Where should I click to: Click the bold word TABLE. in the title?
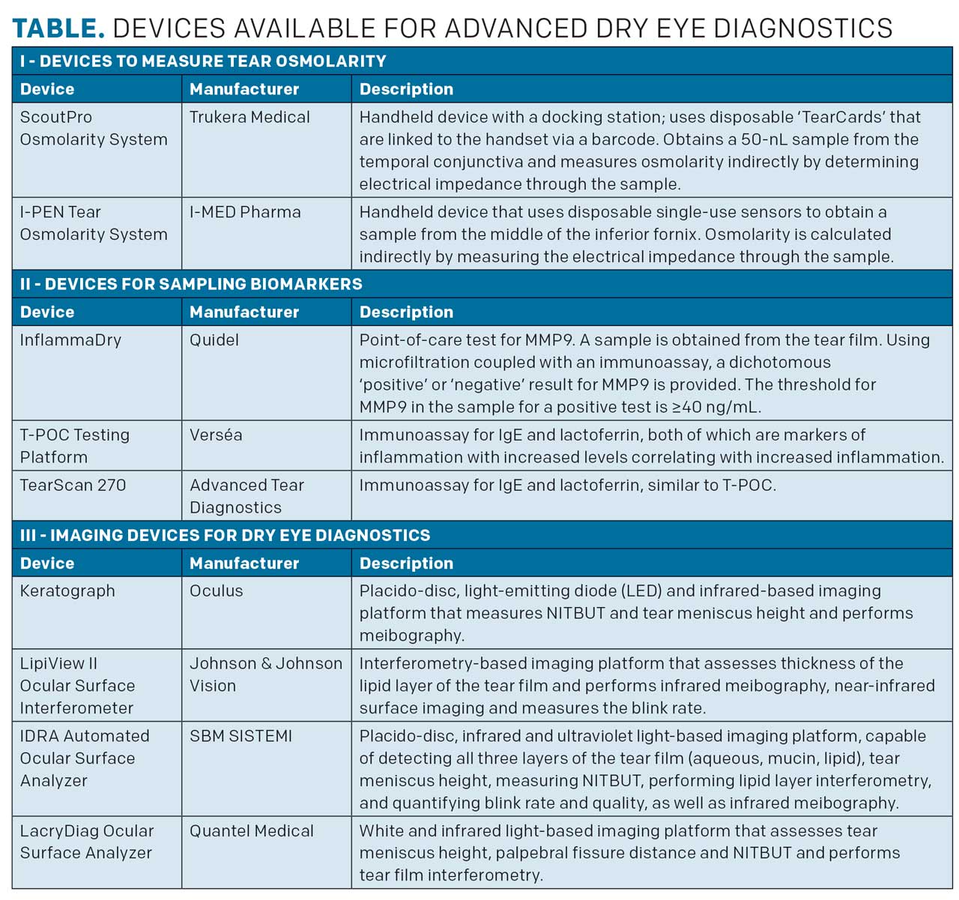pyautogui.click(x=58, y=28)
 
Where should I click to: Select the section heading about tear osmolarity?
pyautogui.click(x=203, y=61)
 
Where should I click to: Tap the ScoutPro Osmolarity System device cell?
pyautogui.click(x=94, y=128)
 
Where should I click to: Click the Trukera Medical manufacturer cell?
pyautogui.click(x=249, y=117)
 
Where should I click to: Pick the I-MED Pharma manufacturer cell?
pyautogui.click(x=245, y=212)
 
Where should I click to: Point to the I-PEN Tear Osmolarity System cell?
pyautogui.click(x=94, y=223)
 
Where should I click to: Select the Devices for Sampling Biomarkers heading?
pyautogui.click(x=191, y=284)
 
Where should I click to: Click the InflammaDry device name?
pyautogui.click(x=70, y=339)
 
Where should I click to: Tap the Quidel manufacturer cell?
pyautogui.click(x=214, y=339)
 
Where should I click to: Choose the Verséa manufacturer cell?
pyautogui.click(x=216, y=435)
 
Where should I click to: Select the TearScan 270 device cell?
pyautogui.click(x=73, y=485)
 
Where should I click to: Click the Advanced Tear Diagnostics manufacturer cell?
pyautogui.click(x=246, y=496)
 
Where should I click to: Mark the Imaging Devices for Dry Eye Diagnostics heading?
pyautogui.click(x=225, y=535)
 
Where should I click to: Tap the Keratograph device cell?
pyautogui.click(x=67, y=591)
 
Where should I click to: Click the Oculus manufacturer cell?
pyautogui.click(x=216, y=591)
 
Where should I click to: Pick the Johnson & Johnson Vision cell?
pyautogui.click(x=265, y=674)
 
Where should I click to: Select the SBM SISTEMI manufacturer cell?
pyautogui.click(x=240, y=736)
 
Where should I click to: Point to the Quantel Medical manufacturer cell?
pyautogui.click(x=251, y=831)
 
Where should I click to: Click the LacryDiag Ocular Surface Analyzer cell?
pyautogui.click(x=87, y=842)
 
